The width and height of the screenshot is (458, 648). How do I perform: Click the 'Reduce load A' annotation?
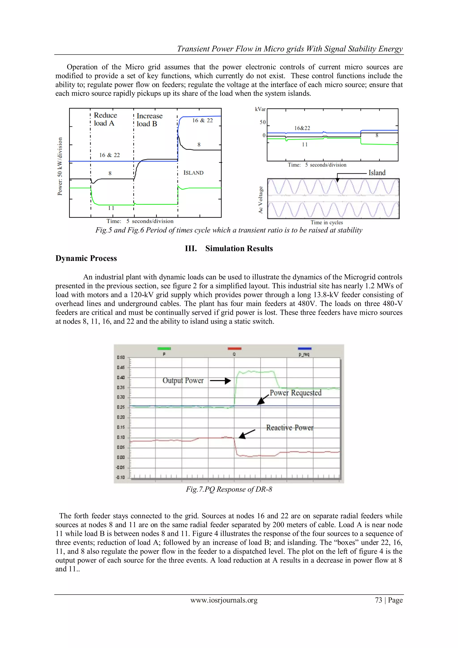105,119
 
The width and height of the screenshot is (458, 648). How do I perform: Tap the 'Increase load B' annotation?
149,120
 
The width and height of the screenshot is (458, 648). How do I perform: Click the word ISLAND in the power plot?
193,173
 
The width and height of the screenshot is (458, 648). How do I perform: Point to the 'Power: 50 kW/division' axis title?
60,166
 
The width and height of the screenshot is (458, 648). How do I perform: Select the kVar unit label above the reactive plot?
260,109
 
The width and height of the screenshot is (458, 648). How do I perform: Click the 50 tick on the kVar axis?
263,122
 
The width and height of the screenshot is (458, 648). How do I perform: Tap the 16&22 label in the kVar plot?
302,128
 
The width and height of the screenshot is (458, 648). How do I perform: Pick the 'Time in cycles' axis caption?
327,222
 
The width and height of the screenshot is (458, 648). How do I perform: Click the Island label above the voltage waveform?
377,173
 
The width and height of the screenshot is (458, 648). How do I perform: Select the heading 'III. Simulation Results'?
229,248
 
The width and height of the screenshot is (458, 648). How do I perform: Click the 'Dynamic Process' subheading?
86,258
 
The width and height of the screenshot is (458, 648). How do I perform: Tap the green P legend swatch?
164,349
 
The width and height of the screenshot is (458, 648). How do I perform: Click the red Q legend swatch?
234,349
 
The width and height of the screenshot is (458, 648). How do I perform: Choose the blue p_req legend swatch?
304,349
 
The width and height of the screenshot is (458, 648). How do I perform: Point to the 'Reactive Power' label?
290,428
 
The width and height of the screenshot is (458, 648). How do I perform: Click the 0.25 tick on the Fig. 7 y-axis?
121,407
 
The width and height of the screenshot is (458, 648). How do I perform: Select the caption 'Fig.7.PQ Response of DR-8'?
229,489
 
